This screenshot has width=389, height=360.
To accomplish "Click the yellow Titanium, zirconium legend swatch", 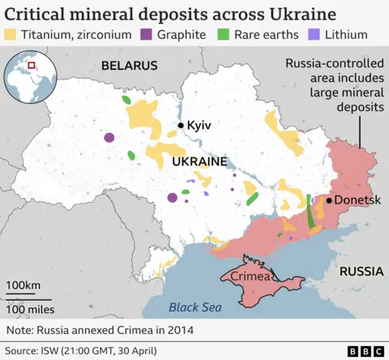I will pyautogui.click(x=11, y=36).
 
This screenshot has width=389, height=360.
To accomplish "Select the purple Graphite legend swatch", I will pyautogui.click(x=147, y=36).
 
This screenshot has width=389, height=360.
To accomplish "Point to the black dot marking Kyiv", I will pyautogui.click(x=180, y=126).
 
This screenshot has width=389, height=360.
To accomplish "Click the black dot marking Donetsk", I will pyautogui.click(x=330, y=199).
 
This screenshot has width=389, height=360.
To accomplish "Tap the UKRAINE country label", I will pyautogui.click(x=199, y=162).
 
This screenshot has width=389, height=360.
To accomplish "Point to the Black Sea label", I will pyautogui.click(x=194, y=306).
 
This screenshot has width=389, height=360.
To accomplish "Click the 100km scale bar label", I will pyautogui.click(x=24, y=285).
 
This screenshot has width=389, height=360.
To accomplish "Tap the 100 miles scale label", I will pyautogui.click(x=30, y=309).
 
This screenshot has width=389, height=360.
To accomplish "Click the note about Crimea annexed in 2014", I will pyautogui.click(x=100, y=331).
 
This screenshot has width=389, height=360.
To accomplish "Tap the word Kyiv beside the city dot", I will pyautogui.click(x=199, y=126).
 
